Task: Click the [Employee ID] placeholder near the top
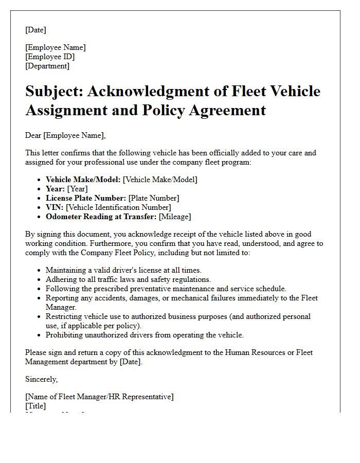[50, 57]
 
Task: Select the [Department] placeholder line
[47, 66]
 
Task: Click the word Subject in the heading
[54, 92]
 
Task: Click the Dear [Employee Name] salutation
[65, 135]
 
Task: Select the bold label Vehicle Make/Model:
[84, 180]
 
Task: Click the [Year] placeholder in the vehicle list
[78, 189]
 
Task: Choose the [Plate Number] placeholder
[153, 198]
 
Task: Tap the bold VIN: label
[55, 207]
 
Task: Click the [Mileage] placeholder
[174, 217]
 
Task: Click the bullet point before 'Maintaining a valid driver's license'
[40, 270]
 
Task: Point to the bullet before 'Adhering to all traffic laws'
[40, 279]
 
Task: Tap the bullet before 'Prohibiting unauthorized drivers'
[40, 335]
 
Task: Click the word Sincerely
[41, 379]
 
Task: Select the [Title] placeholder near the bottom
[35, 406]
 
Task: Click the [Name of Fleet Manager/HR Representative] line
[99, 397]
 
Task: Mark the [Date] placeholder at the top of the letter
[35, 30]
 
